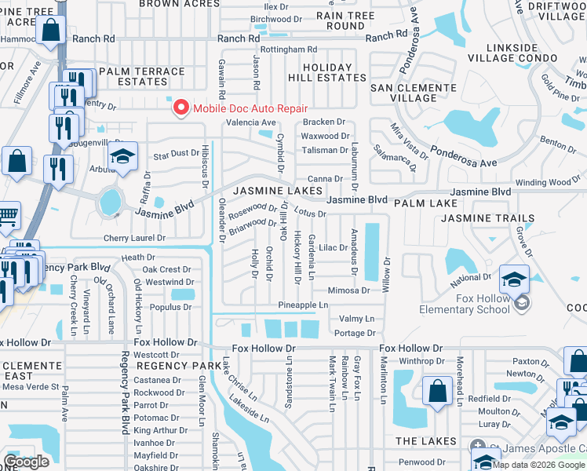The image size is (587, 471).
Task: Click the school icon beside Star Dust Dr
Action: click(122, 157)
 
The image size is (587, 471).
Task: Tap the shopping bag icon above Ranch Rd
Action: click(49, 31)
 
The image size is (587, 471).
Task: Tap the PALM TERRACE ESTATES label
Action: click(141, 76)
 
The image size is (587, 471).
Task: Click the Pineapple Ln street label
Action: click(303, 305)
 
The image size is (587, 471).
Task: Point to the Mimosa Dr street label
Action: click(348, 290)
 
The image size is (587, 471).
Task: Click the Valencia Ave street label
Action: click(251, 122)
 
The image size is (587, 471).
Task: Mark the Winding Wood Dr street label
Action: click(548, 183)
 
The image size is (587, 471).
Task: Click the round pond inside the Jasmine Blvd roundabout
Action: click(111, 202)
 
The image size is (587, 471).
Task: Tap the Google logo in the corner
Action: click(26, 462)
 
